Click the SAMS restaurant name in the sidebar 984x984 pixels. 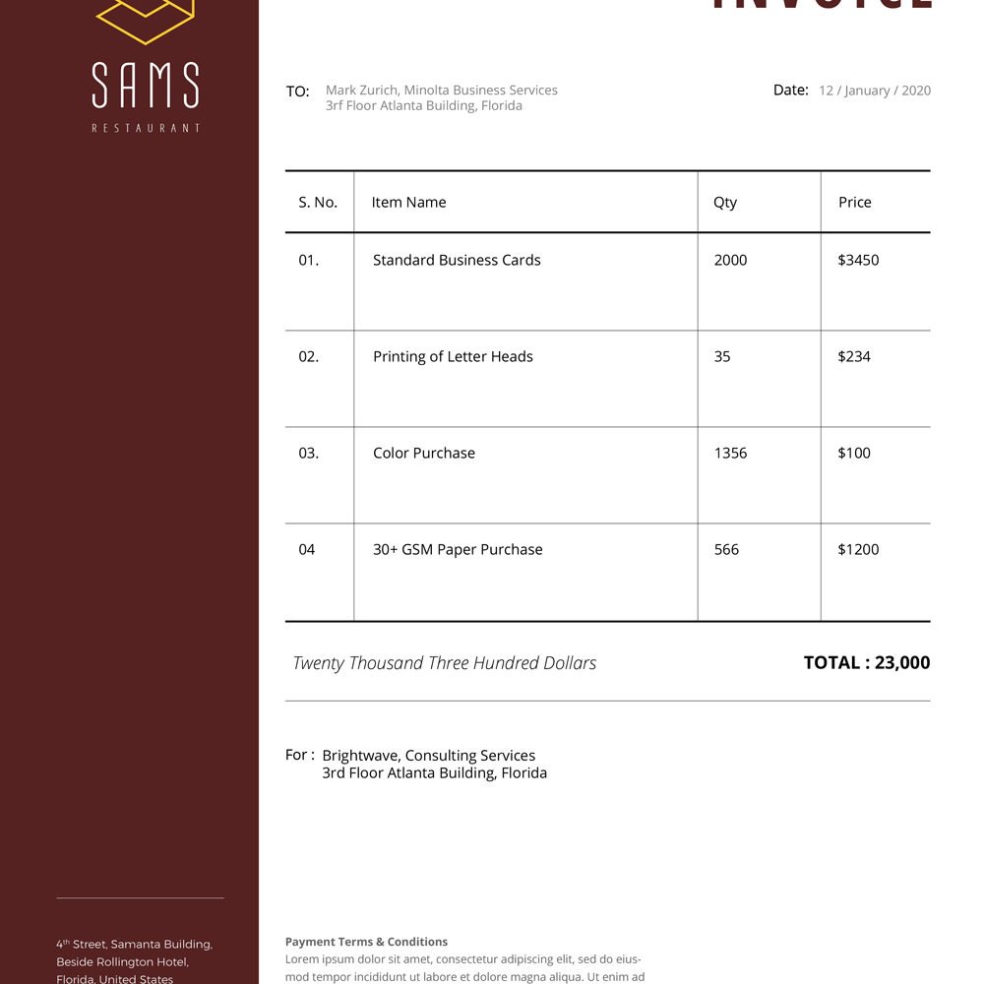(146, 86)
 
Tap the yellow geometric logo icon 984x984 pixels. (146, 20)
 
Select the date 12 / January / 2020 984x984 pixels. (874, 91)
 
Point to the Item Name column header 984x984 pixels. (408, 203)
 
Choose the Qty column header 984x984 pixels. (725, 203)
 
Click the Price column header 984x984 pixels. (854, 203)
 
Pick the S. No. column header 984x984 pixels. (318, 203)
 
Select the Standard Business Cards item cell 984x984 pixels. (457, 261)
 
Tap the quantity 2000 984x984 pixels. (730, 261)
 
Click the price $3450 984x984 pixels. (858, 261)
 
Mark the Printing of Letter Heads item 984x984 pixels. (453, 357)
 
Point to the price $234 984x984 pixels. (854, 357)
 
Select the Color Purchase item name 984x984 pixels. (424, 454)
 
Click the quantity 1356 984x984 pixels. (730, 454)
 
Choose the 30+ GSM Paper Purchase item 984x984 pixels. (458, 550)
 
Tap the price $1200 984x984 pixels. (858, 550)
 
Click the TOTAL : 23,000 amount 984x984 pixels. (866, 663)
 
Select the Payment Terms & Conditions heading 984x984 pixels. (366, 942)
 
